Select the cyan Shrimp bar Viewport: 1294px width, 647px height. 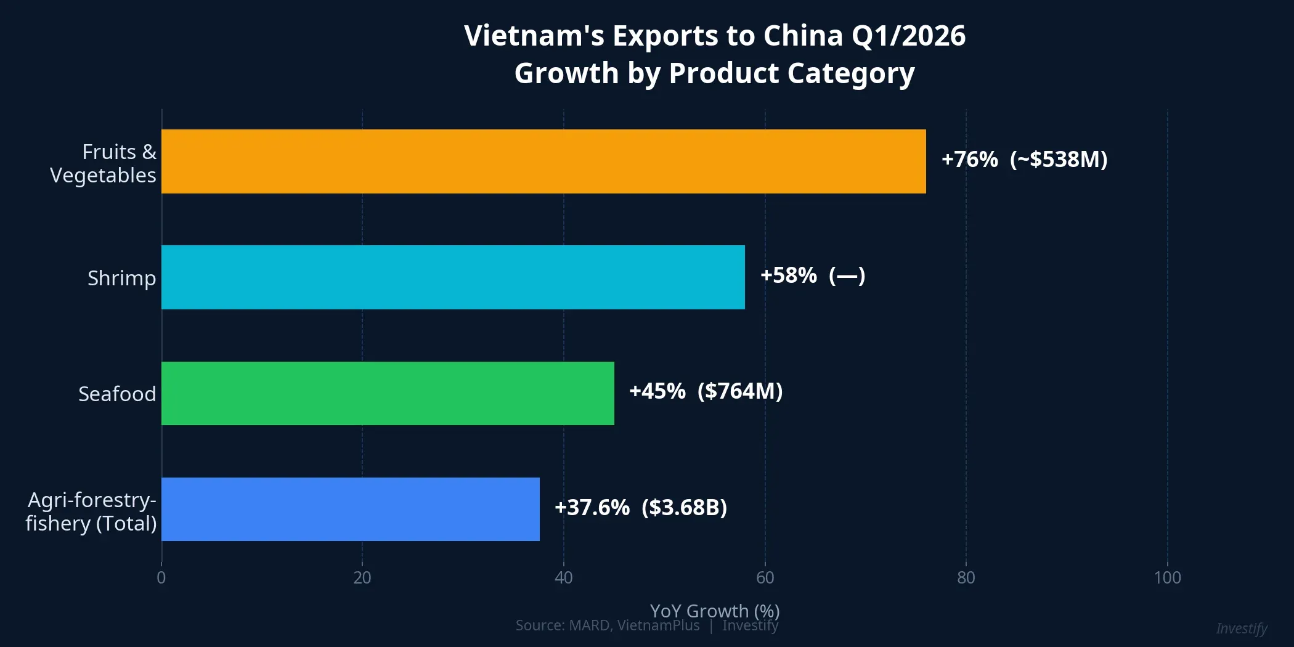click(453, 277)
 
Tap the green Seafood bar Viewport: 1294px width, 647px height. click(388, 393)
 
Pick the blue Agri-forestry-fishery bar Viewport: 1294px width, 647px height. click(350, 509)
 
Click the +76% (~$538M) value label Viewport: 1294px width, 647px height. click(1024, 160)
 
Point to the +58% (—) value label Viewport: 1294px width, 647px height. click(812, 275)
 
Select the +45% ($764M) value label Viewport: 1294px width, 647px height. click(706, 391)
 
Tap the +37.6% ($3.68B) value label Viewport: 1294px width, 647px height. click(641, 508)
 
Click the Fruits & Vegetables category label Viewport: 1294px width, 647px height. click(104, 163)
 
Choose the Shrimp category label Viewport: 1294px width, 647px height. click(121, 278)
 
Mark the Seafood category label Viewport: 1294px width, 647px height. click(117, 394)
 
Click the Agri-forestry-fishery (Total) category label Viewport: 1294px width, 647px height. click(91, 511)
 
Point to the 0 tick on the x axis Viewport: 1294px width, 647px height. click(161, 577)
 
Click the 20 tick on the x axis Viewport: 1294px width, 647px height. click(362, 577)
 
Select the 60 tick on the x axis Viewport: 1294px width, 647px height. click(765, 577)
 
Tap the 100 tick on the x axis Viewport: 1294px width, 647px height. click(1167, 577)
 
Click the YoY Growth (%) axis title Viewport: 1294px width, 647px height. click(715, 611)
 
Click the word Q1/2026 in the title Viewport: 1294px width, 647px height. click(908, 36)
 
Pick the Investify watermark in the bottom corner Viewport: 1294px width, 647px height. click(1242, 629)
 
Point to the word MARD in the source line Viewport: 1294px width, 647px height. click(589, 625)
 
